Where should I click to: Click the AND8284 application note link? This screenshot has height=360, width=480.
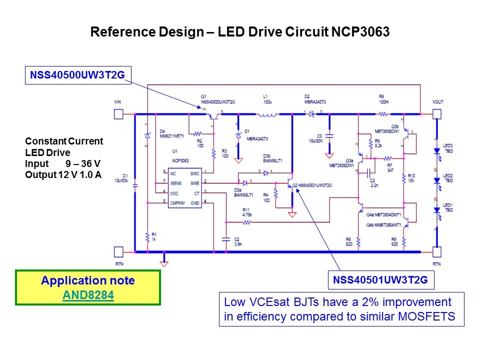(88, 295)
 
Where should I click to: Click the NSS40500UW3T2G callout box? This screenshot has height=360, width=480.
(78, 75)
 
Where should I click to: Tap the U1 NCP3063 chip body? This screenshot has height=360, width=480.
(184, 188)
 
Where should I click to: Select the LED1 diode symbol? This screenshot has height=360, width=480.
(437, 211)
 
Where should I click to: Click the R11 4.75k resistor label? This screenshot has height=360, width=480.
(246, 211)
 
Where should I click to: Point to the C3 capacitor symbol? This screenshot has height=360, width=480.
(329, 135)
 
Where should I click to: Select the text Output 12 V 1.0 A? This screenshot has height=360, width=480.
(63, 174)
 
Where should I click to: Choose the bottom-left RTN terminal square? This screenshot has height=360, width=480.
(118, 251)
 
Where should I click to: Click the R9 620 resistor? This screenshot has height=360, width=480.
(403, 241)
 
